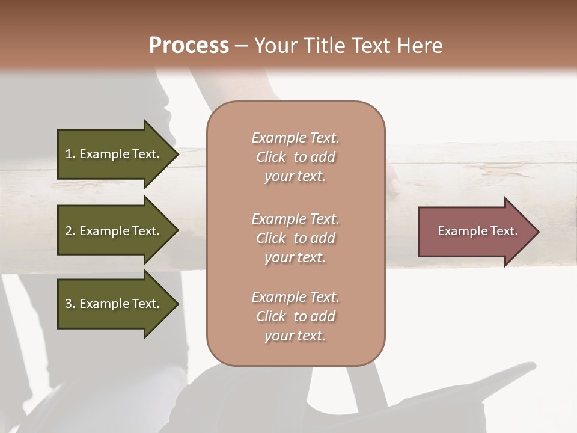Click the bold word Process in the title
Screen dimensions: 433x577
(189, 46)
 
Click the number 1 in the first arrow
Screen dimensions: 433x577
(69, 154)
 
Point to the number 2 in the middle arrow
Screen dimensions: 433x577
(69, 231)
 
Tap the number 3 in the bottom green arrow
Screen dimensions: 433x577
(69, 304)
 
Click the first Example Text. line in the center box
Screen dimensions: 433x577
(295, 138)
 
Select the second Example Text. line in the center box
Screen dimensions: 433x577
(295, 218)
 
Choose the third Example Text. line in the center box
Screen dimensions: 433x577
(295, 297)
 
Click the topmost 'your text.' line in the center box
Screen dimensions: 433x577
(295, 177)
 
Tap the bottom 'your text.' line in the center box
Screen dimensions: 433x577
(295, 336)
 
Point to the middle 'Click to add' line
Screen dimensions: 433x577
(295, 238)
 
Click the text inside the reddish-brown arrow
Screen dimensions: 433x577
(477, 231)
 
